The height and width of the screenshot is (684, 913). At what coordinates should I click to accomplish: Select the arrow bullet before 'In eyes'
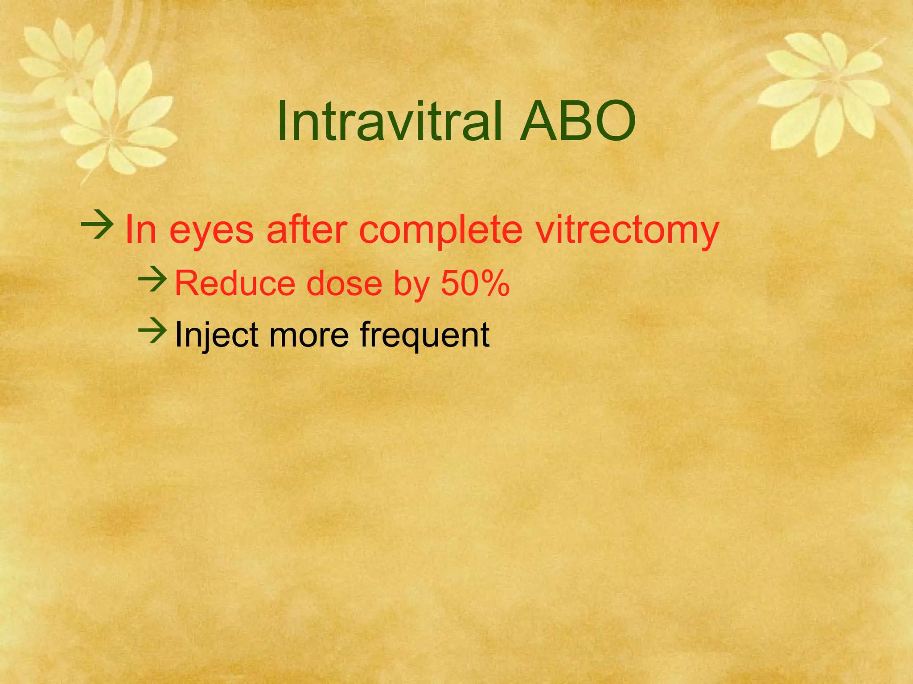[97, 225]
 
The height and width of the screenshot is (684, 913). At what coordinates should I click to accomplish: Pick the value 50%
[475, 283]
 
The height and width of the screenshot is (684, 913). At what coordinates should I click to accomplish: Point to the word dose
[345, 283]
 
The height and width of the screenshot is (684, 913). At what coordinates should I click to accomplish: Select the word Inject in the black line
[216, 335]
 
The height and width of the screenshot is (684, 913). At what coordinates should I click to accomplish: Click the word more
[309, 335]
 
